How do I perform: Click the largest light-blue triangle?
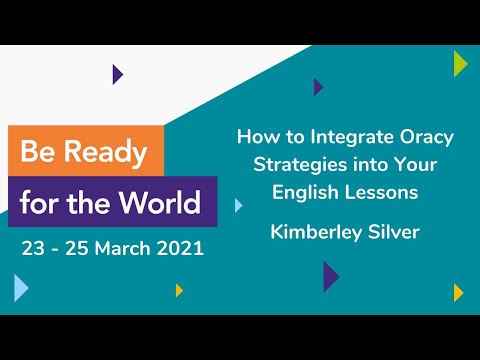(21, 288)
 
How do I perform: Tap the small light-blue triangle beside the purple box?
(238, 205)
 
